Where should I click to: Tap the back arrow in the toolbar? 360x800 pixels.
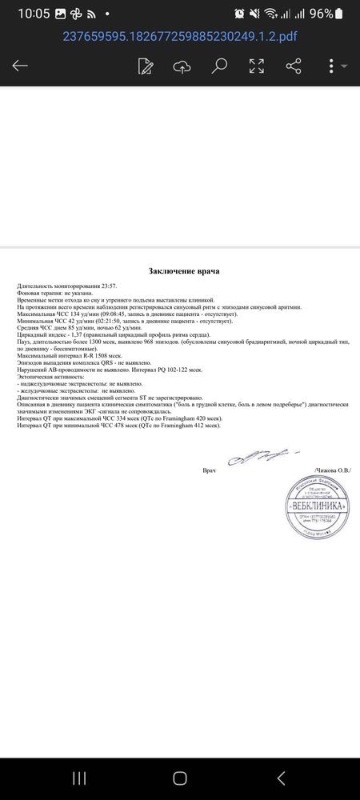[20, 66]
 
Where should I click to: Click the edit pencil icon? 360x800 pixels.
[146, 66]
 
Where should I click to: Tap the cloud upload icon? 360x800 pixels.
[182, 66]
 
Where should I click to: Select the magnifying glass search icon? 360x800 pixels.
[219, 66]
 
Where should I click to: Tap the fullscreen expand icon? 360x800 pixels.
[257, 66]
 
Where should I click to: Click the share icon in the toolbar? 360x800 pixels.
[294, 66]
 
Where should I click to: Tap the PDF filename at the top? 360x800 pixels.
[179, 36]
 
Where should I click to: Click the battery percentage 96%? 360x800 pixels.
[321, 14]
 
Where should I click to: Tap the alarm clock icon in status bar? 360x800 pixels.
[239, 14]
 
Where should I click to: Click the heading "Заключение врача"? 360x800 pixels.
[183, 271]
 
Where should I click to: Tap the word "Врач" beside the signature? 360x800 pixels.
[210, 470]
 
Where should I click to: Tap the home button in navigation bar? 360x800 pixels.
[180, 778]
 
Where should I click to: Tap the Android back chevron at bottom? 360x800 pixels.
[280, 778]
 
